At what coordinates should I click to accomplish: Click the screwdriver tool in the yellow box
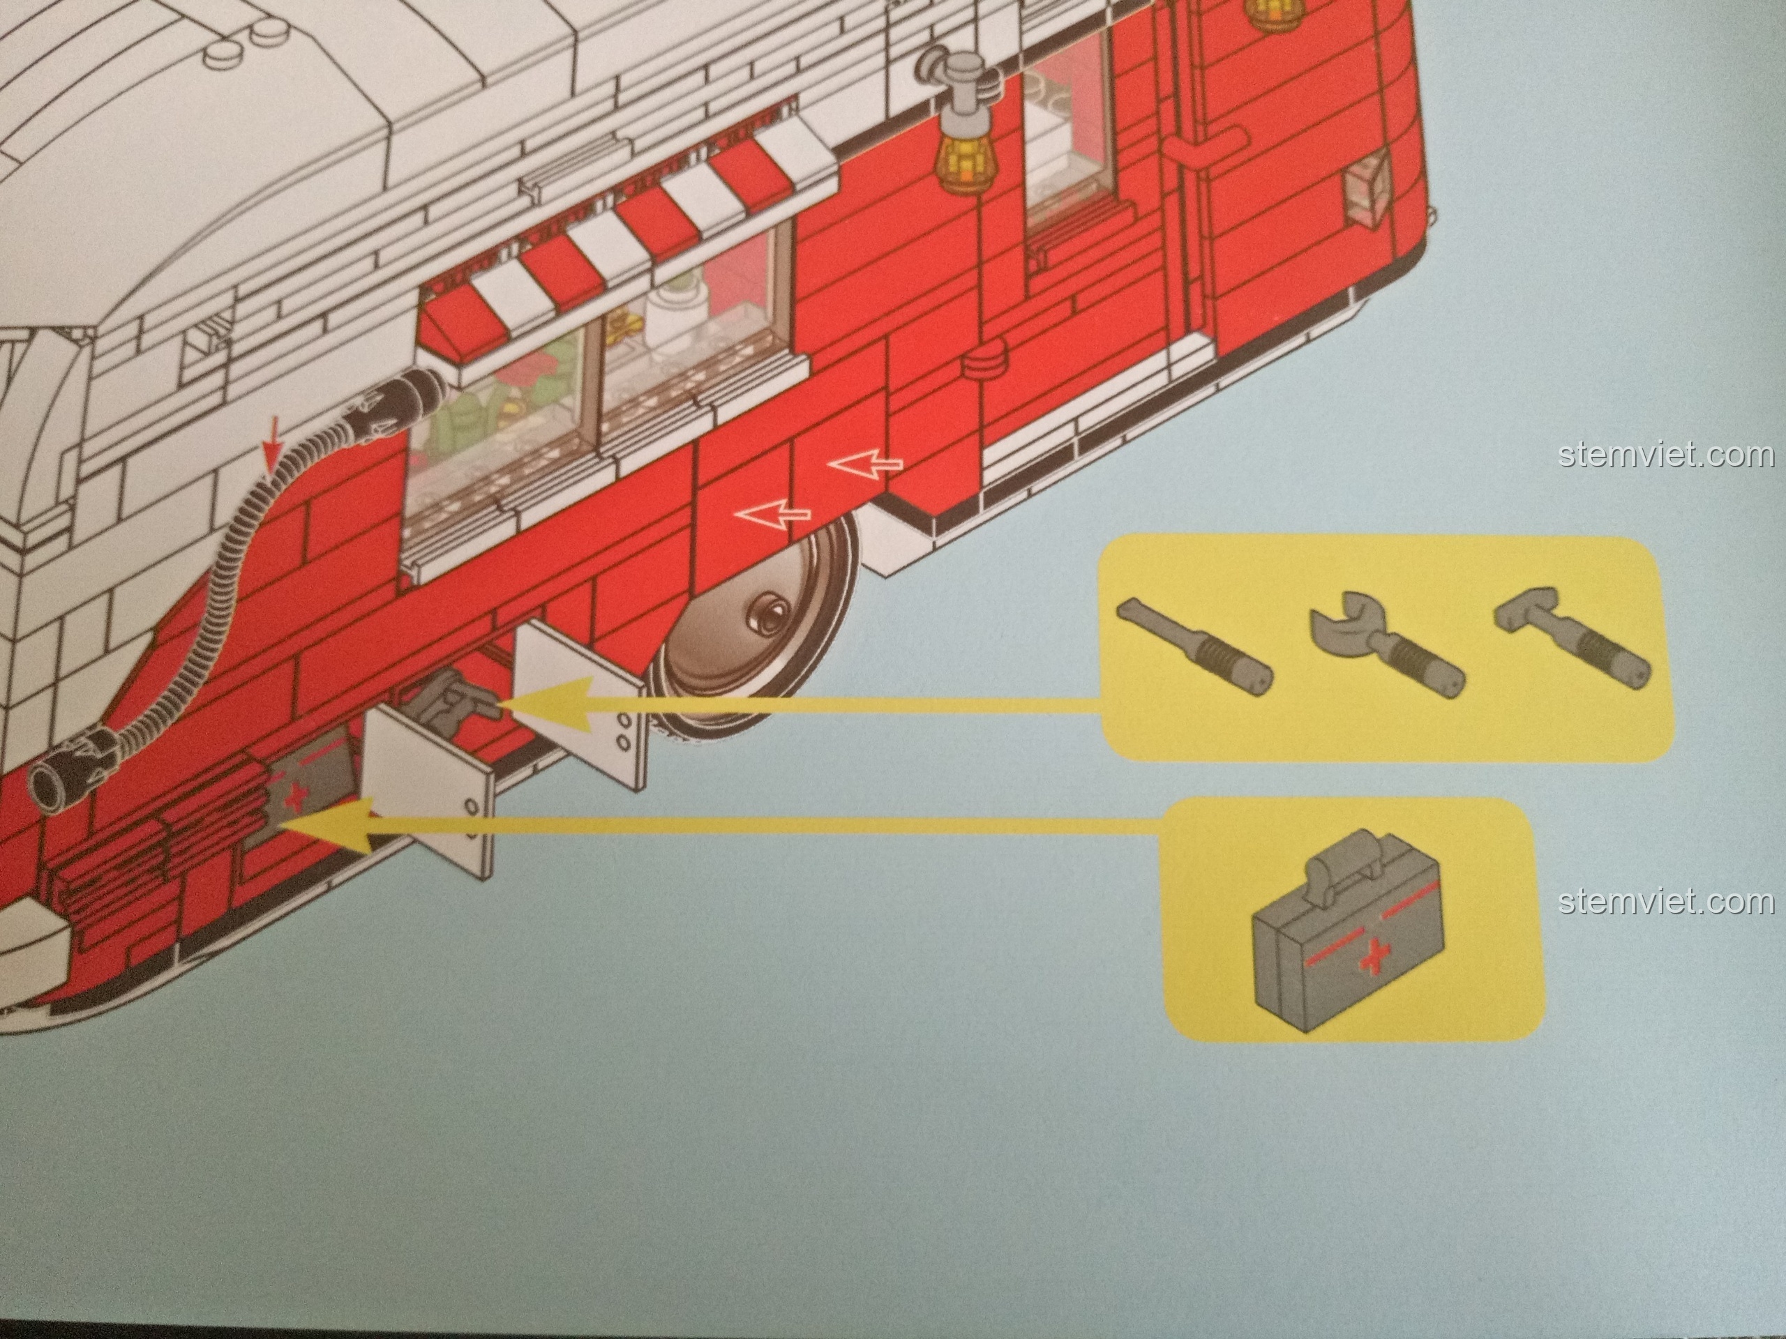(x=1194, y=646)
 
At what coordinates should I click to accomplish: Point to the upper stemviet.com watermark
(x=1667, y=455)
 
